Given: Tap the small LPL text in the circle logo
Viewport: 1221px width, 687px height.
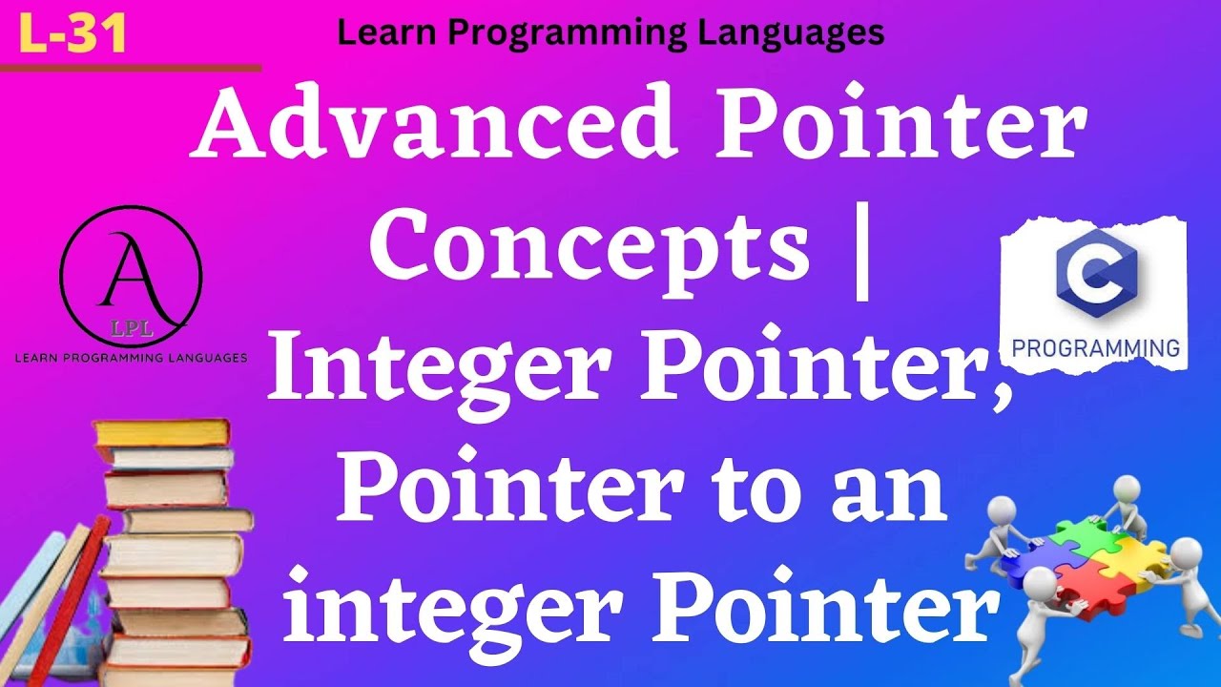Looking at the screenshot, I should (126, 332).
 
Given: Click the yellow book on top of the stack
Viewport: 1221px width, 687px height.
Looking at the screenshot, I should (162, 432).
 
